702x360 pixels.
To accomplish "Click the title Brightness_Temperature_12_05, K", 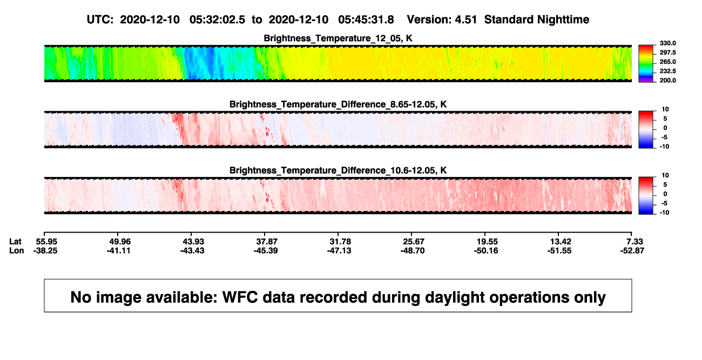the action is click(x=338, y=38).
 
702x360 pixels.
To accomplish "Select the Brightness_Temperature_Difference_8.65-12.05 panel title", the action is click(x=338, y=104).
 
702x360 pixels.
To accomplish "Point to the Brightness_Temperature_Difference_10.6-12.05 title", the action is click(x=338, y=171).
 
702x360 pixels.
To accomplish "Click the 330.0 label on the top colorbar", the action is click(x=667, y=43).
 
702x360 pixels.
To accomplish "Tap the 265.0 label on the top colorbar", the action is click(x=667, y=62).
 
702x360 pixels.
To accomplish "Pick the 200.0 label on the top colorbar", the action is click(x=667, y=80).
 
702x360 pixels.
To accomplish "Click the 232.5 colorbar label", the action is click(x=667, y=71).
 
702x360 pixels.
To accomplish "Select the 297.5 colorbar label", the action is click(x=667, y=52).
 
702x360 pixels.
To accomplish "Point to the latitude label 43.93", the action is click(x=193, y=242).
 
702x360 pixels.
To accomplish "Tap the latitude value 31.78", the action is click(x=340, y=242).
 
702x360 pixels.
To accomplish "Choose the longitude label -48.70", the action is click(x=413, y=250).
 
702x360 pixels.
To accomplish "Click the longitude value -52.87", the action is click(x=632, y=250).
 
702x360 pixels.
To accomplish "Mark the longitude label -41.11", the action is click(x=118, y=250).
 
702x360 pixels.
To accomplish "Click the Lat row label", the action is click(x=15, y=242).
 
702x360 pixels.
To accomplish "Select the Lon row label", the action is click(x=16, y=250).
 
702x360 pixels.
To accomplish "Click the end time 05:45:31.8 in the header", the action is click(x=366, y=20).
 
